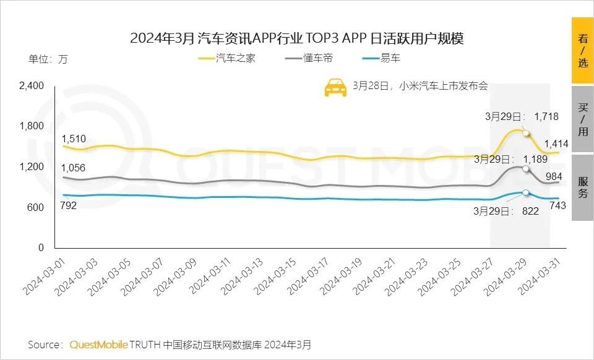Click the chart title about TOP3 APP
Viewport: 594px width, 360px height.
pos(296,38)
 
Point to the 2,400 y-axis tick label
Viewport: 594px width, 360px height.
pos(32,86)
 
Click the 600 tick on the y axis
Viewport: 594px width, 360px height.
pos(37,207)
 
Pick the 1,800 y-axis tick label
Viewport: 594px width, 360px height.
pos(32,126)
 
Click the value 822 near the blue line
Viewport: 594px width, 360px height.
pos(530,211)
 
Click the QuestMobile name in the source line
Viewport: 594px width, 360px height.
pos(99,344)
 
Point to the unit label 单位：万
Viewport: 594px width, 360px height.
pos(48,60)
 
